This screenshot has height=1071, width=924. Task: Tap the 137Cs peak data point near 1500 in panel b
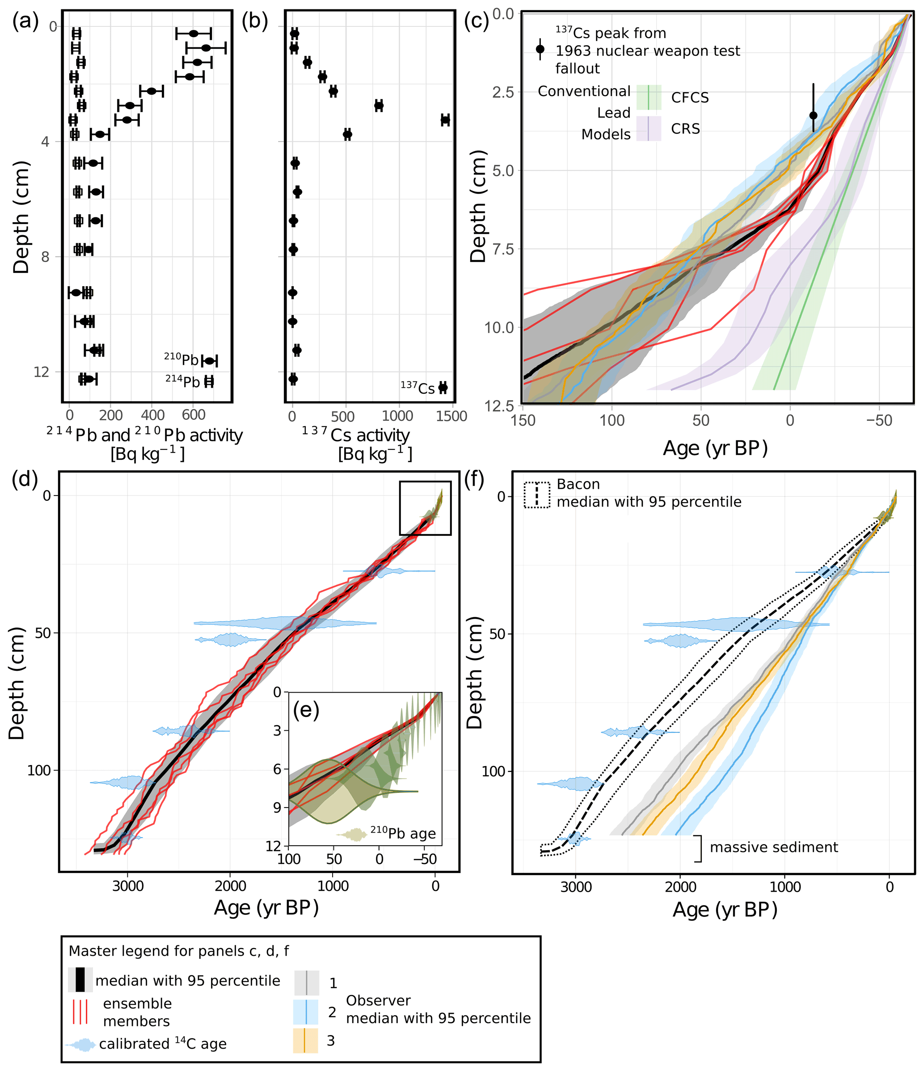445,120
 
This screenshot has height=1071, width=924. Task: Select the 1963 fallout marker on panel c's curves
814,115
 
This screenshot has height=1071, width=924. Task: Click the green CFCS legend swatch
649,97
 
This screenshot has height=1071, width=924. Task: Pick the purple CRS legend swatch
649,128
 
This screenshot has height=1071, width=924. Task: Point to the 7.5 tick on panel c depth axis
503,249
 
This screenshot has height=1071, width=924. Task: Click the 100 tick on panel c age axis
612,421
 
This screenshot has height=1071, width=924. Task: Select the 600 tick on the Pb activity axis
194,415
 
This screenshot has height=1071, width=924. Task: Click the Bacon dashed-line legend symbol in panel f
537,495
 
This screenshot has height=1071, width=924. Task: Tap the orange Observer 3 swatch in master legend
305,1041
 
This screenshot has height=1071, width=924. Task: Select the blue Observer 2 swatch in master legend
305,1012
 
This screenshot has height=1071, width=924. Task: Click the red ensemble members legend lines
80,1012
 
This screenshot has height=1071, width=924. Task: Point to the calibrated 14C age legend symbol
80,1045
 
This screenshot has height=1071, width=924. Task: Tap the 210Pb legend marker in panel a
209,361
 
